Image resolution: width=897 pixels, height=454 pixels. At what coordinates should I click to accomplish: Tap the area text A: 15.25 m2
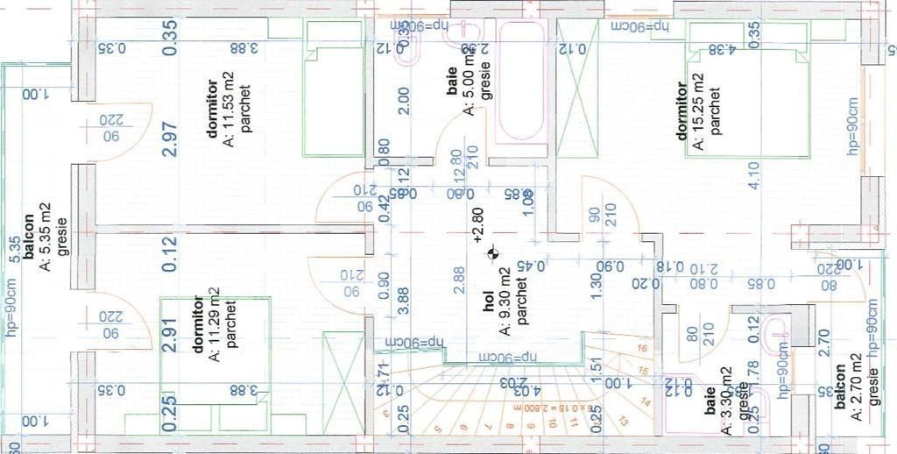[698, 110]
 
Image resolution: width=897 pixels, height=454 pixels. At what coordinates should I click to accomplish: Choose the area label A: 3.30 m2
[727, 401]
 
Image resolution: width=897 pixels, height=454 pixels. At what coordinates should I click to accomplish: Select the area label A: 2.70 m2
[856, 402]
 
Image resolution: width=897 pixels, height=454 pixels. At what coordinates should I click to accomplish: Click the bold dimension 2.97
[170, 139]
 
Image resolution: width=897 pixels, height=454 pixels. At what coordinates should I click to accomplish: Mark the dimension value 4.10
[752, 175]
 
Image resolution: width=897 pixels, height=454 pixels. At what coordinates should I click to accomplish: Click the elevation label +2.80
[477, 224]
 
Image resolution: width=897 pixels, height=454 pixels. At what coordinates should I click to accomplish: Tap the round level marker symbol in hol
[493, 254]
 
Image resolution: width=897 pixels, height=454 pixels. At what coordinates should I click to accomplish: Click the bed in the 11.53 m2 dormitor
[333, 88]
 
